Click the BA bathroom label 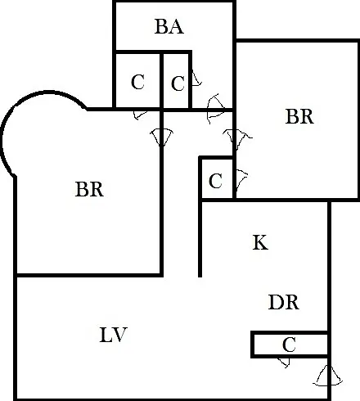[169, 26]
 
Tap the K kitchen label [260, 242]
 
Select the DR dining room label [284, 302]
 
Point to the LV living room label [113, 335]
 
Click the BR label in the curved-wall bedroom [89, 189]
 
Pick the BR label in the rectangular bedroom [299, 116]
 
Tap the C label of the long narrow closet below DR [289, 345]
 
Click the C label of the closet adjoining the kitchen [215, 181]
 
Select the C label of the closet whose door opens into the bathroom [178, 83]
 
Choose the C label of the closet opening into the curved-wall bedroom [137, 82]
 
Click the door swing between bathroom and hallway [216, 109]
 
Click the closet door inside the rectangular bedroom [241, 178]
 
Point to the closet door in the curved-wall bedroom [140, 115]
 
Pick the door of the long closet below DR [284, 363]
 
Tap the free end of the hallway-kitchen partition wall [200, 276]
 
